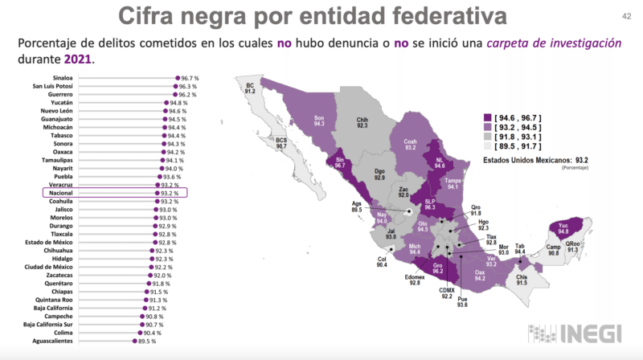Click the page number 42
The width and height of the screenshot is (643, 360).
[625, 16]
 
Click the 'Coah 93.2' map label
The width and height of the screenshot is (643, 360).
[411, 145]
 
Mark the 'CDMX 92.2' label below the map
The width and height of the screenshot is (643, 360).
[446, 292]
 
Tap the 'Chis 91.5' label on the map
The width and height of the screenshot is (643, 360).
[522, 280]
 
